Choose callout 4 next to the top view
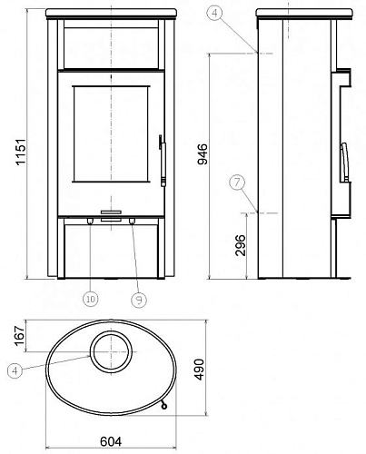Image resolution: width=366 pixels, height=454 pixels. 14,370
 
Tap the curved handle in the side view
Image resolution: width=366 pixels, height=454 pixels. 344,163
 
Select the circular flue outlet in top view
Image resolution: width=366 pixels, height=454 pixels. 110,349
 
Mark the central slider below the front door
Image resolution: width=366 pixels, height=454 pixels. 111,219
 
